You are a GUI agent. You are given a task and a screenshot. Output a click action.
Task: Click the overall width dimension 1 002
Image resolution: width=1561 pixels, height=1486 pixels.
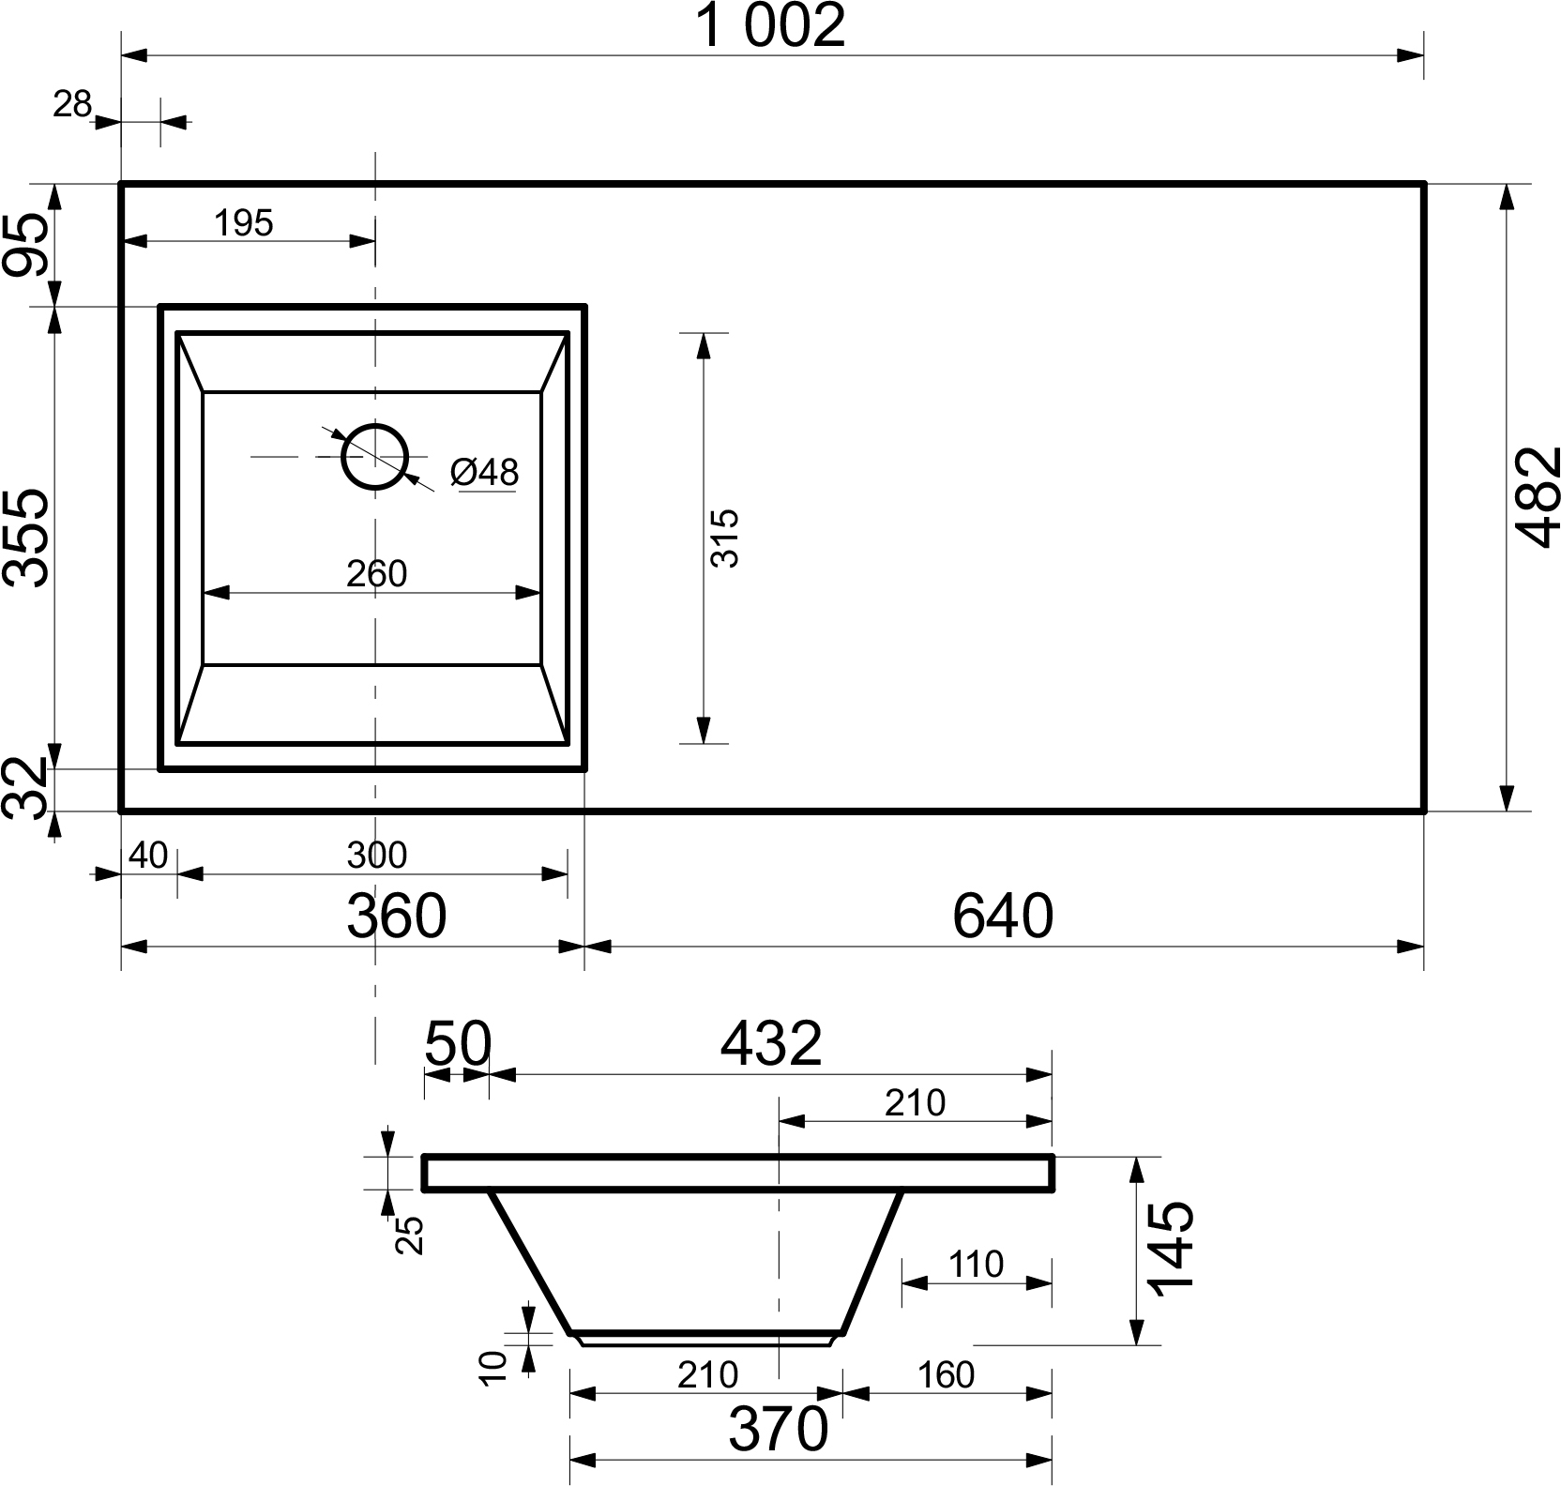(772, 26)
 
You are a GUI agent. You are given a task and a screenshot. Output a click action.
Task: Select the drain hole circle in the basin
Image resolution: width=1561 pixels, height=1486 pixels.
(374, 457)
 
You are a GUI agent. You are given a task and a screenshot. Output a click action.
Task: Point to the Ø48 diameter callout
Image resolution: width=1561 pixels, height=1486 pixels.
(484, 472)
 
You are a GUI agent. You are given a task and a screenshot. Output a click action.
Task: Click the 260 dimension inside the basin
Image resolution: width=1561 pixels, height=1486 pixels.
(376, 574)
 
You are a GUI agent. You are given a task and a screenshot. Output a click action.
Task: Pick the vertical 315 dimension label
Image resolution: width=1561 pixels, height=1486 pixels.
(725, 538)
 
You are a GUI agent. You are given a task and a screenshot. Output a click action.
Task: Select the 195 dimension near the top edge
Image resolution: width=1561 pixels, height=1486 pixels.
(244, 223)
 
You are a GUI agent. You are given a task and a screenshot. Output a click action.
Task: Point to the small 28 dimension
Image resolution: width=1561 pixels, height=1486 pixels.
(71, 104)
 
